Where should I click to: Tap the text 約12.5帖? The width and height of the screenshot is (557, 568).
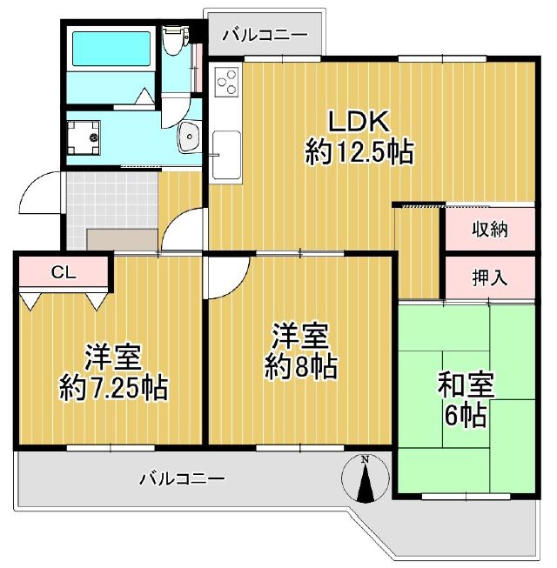(x=358, y=153)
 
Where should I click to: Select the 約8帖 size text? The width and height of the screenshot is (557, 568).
(x=301, y=367)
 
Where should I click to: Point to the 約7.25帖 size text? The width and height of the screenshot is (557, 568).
(x=112, y=385)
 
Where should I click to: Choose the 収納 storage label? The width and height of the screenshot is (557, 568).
(x=490, y=231)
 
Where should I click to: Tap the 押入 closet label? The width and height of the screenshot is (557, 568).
(x=490, y=278)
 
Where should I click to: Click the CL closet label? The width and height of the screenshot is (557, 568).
(x=62, y=271)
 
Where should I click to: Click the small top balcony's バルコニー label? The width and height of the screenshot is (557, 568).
(x=264, y=36)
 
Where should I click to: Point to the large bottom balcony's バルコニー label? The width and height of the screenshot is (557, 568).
(x=182, y=478)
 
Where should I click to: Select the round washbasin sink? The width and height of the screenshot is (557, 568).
(x=187, y=137)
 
